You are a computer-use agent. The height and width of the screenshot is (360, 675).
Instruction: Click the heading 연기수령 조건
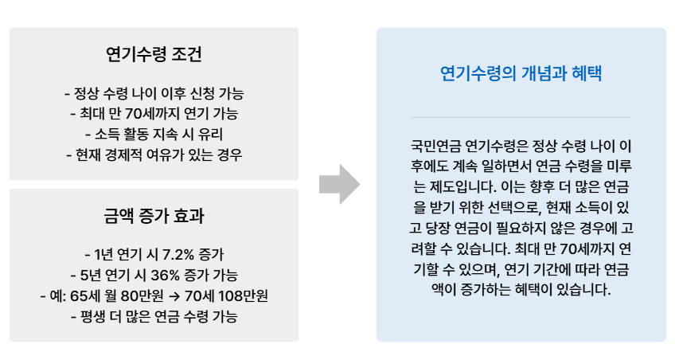(154, 55)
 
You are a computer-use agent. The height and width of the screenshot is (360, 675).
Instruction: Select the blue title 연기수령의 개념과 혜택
(521, 74)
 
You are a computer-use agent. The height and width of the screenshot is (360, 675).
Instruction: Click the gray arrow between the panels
(338, 185)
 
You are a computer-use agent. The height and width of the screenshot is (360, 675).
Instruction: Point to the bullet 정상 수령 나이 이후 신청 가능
(154, 92)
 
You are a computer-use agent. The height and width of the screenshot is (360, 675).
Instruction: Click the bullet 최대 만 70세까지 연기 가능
(154, 113)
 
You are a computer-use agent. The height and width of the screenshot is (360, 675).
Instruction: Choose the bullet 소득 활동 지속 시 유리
(154, 134)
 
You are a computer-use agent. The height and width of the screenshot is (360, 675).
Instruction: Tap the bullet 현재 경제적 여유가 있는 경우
(154, 155)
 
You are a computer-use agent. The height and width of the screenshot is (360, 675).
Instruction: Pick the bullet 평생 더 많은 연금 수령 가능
(154, 317)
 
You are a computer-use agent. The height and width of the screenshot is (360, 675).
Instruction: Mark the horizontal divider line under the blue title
(521, 117)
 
